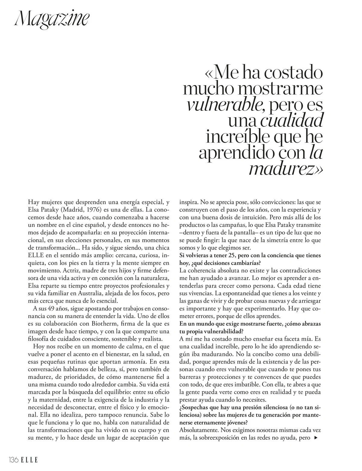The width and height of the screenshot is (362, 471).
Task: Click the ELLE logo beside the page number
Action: click(30, 460)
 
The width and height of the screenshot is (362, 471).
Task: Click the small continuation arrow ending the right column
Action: click(316, 438)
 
